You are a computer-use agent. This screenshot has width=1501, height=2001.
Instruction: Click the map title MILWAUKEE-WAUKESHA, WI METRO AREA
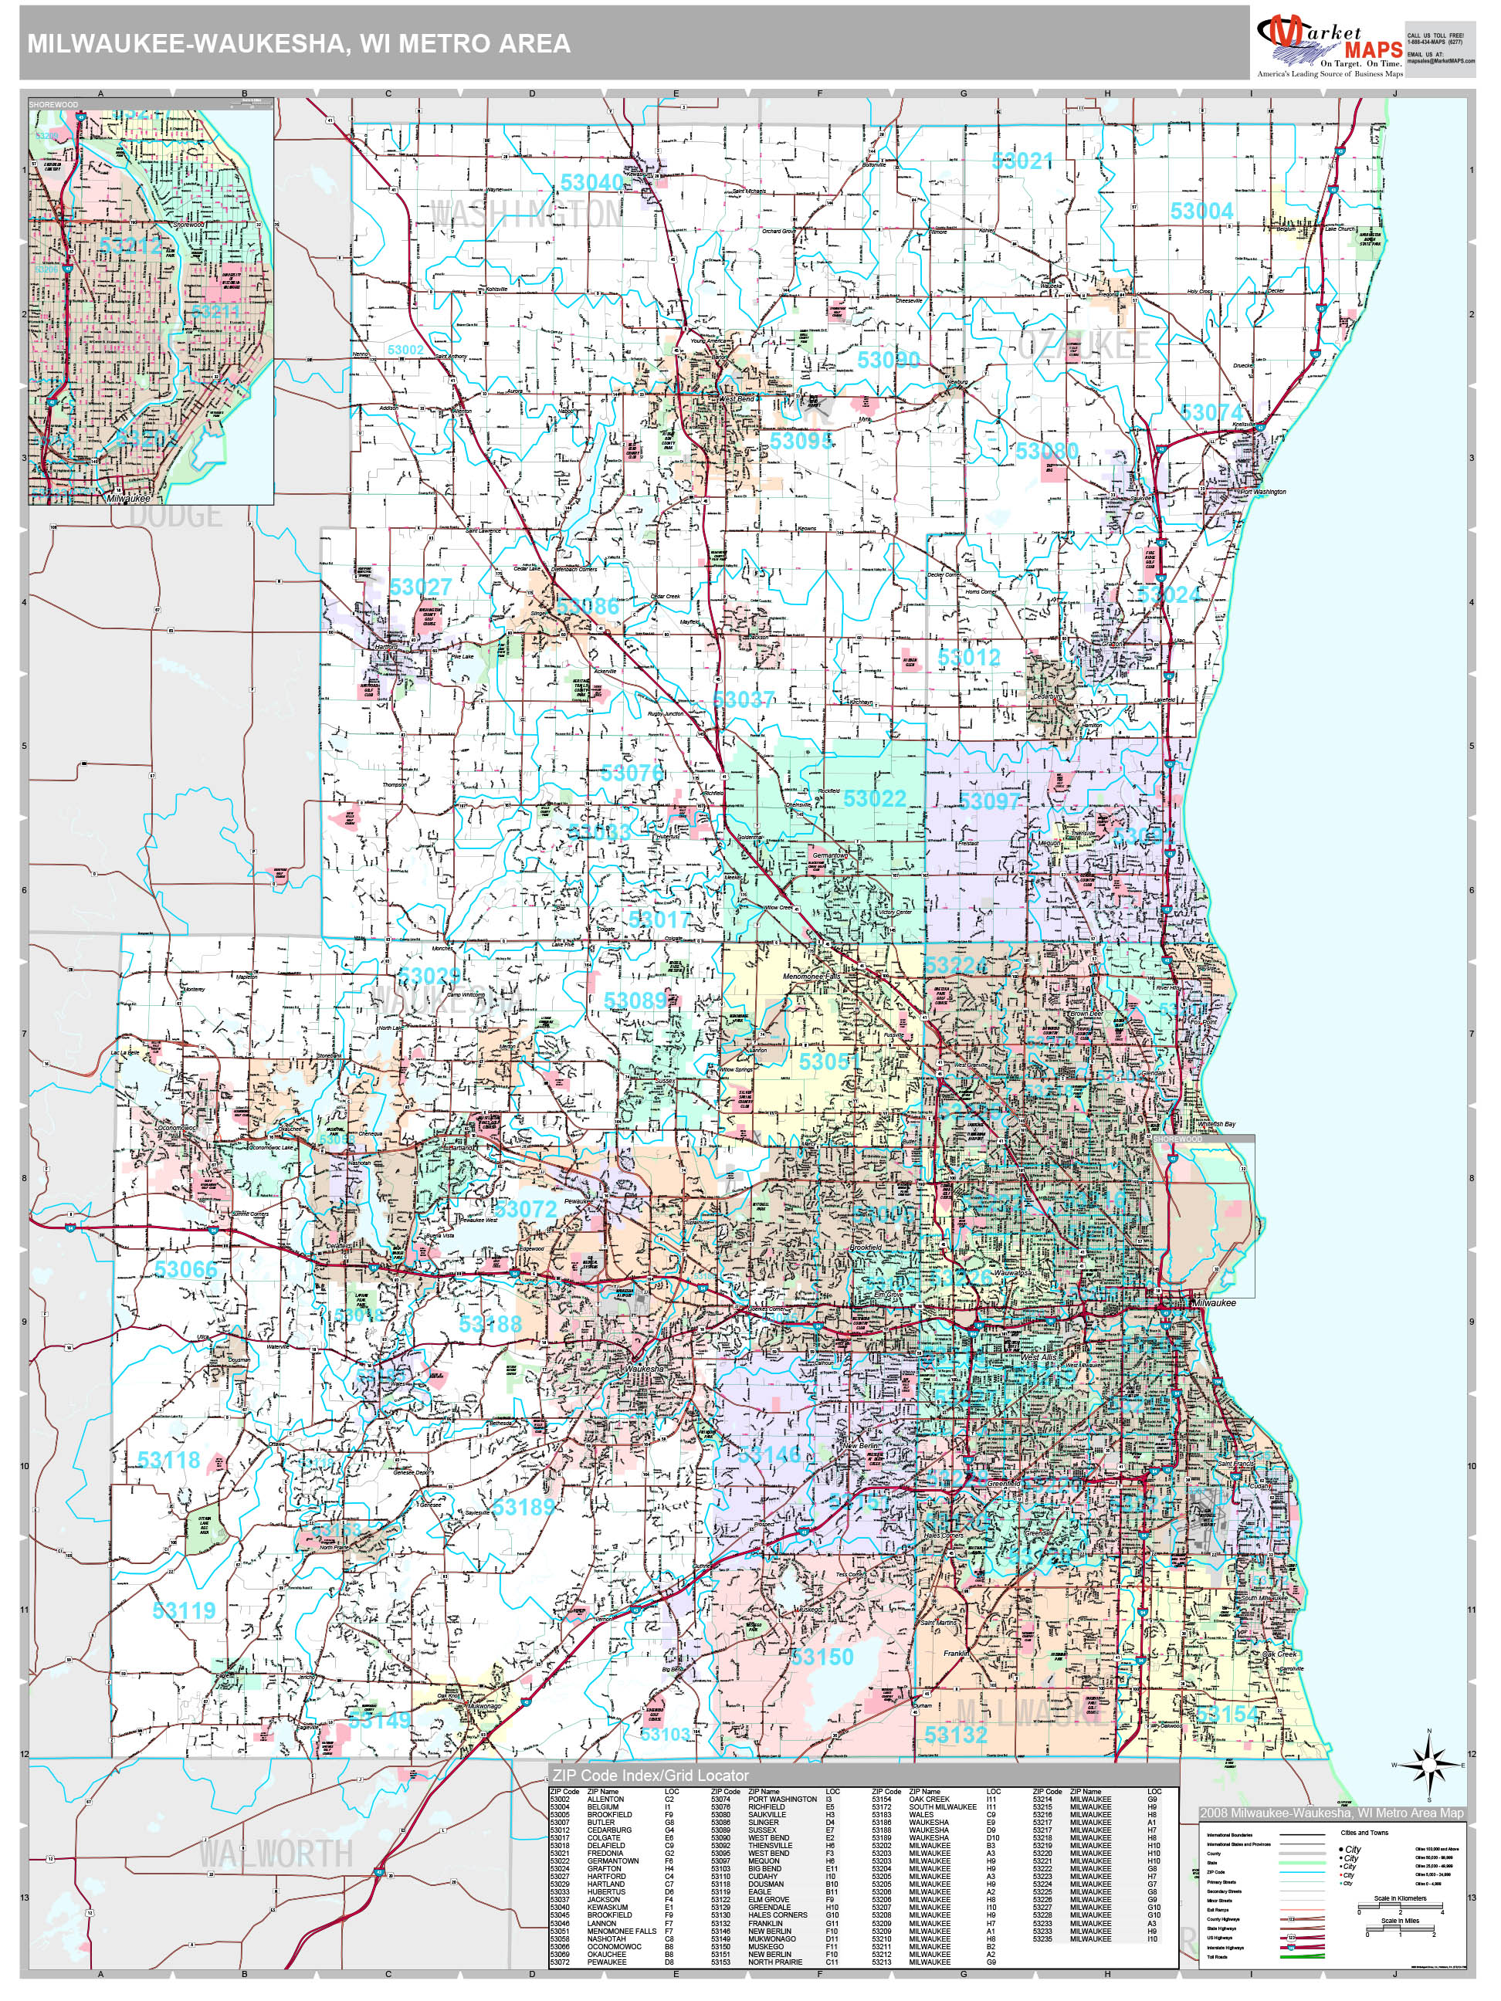(299, 43)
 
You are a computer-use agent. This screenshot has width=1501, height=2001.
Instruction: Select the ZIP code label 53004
(1201, 211)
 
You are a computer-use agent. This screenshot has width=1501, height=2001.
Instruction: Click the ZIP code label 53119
(184, 1610)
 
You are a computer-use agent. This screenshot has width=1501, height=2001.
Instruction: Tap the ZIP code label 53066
(185, 1269)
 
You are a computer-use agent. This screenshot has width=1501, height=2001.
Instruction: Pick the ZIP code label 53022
(874, 799)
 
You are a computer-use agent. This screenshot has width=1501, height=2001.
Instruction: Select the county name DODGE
(175, 516)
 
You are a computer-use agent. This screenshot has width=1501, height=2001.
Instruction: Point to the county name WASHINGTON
(527, 215)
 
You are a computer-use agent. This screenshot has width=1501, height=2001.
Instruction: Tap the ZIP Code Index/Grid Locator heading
(649, 1775)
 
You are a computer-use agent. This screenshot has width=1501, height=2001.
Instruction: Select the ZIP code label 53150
(822, 1657)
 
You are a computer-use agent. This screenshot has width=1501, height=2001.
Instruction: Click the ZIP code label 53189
(523, 1506)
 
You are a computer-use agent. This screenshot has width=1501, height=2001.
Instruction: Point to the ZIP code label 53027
(420, 587)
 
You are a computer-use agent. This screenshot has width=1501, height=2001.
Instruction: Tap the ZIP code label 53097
(989, 801)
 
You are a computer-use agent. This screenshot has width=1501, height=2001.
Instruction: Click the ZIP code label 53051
(828, 1061)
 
